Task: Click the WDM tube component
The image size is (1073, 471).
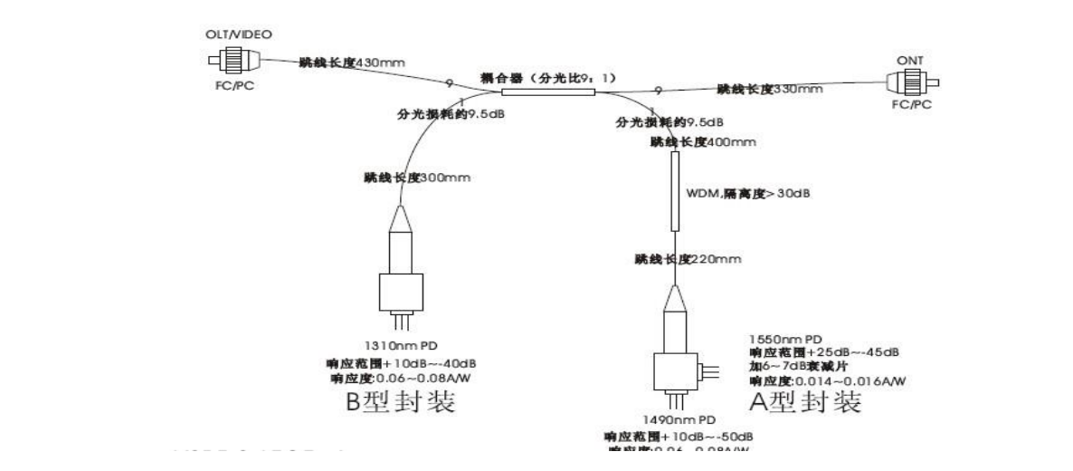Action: [675, 191]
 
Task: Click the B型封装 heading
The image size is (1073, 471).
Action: [403, 401]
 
